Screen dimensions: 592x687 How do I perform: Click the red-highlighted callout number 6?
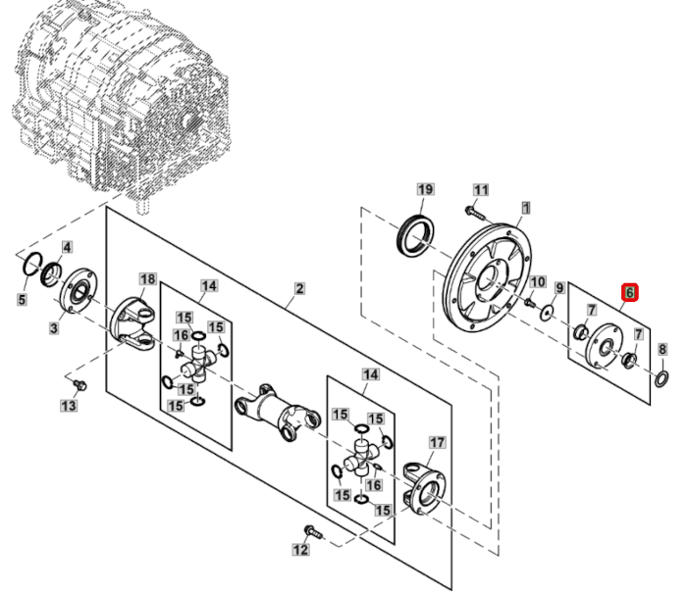629,292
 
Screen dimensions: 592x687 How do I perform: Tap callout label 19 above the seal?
425,189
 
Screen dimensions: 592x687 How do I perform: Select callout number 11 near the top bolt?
481,189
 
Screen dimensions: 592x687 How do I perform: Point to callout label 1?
526,207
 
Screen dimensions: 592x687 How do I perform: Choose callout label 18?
147,280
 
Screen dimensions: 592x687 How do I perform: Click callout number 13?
67,406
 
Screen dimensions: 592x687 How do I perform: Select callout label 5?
22,298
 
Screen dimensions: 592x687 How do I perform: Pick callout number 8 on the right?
661,349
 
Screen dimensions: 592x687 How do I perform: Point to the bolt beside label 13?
80,380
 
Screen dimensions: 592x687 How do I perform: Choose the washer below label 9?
548,313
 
